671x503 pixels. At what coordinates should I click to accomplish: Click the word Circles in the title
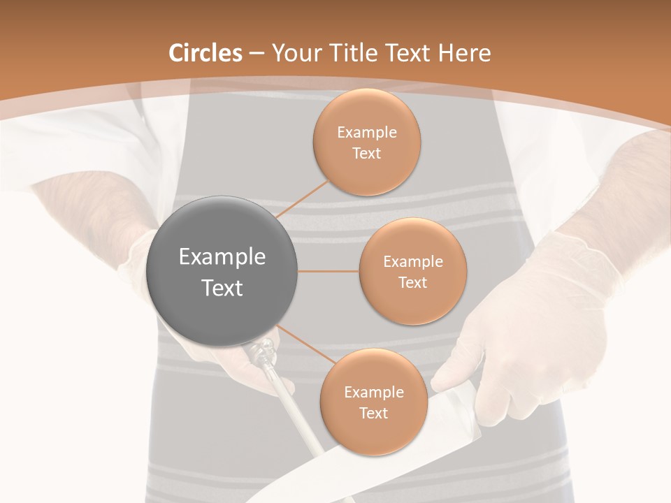click(205, 53)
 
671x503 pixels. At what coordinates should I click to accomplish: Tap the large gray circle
click(222, 271)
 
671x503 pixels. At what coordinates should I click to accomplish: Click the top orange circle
click(366, 143)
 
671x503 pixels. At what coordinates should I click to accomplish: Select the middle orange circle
click(412, 271)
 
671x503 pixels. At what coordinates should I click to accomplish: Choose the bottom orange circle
click(373, 402)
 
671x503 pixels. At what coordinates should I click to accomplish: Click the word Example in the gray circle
click(222, 257)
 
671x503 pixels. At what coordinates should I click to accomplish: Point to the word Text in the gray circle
click(222, 288)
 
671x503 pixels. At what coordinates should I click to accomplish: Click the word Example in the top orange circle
click(366, 133)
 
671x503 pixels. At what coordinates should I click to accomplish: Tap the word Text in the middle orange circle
click(412, 282)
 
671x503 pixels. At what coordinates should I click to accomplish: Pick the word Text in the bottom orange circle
click(373, 413)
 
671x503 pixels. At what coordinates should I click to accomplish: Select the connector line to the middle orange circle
click(328, 271)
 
